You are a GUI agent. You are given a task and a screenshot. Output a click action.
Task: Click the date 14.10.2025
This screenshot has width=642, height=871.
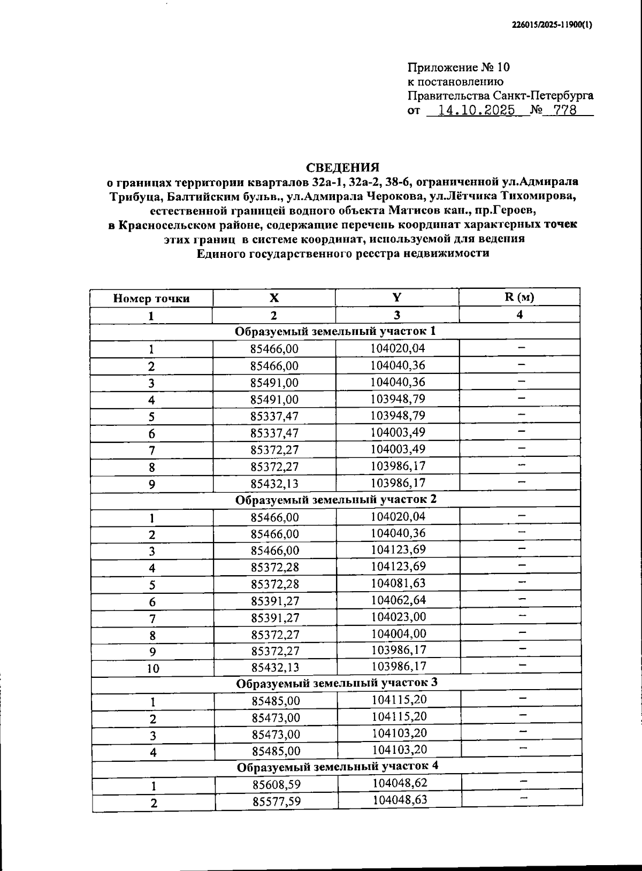coord(476,111)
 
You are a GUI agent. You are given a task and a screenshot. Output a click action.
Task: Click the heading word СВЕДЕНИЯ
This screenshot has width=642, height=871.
coord(342,167)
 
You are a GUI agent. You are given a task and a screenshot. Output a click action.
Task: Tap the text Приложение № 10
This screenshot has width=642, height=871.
coord(458,67)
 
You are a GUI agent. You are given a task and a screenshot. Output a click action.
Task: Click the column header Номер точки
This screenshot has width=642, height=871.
coord(151,299)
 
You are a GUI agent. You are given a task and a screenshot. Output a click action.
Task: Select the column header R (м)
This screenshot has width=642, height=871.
coord(519,297)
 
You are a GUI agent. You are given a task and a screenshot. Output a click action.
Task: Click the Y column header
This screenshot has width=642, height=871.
coord(397,298)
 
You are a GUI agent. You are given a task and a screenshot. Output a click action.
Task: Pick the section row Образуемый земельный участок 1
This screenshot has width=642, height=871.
coord(335,331)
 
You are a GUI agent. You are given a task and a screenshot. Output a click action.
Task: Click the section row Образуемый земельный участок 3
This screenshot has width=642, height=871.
coord(337,683)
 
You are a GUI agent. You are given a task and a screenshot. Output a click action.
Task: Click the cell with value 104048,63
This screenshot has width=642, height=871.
coord(400,800)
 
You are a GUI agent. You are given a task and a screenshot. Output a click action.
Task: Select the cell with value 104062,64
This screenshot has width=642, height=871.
coord(398,600)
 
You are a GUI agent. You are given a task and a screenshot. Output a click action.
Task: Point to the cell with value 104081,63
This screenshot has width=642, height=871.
coord(398,584)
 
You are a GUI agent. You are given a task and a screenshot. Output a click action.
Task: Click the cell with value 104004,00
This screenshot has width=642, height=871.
coord(398,633)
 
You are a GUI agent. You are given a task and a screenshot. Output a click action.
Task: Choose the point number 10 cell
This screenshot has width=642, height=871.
coord(152,668)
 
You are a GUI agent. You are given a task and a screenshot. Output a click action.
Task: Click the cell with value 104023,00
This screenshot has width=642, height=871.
coord(398,617)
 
